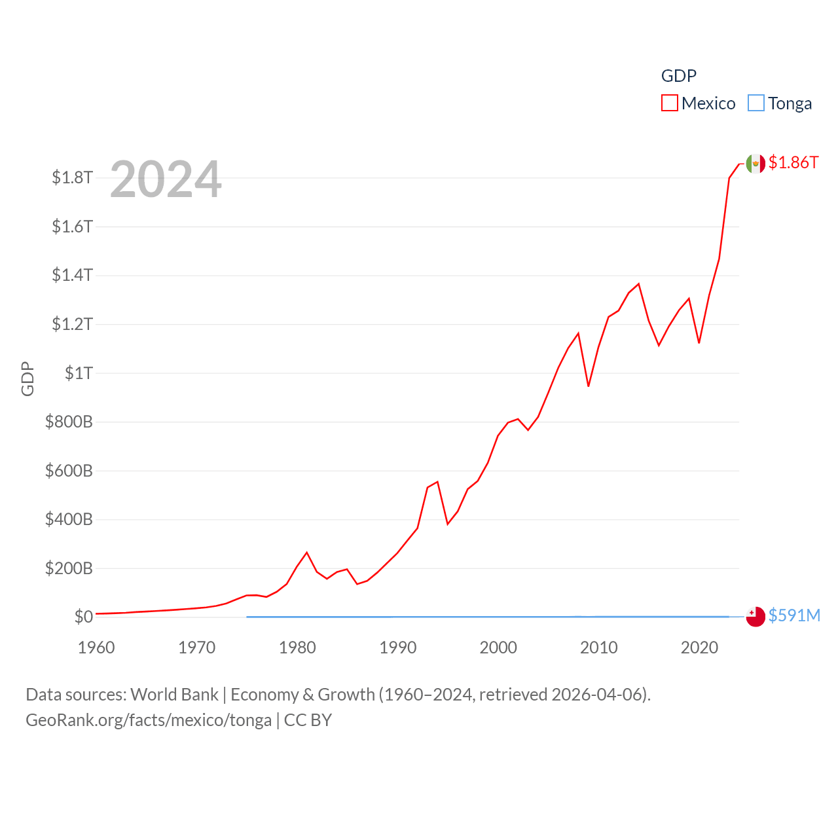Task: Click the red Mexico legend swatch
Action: [669, 103]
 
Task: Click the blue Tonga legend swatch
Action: [756, 103]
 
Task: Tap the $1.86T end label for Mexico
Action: [793, 162]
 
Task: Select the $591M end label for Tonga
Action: [793, 615]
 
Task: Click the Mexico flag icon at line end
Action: [756, 163]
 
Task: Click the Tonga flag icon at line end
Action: [756, 617]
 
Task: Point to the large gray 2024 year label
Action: [166, 179]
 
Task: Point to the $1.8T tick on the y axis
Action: [72, 177]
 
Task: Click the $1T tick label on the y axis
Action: [79, 373]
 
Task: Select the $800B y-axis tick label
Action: [69, 422]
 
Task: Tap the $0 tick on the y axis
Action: [83, 617]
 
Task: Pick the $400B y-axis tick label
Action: [69, 519]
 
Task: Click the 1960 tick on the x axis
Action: [96, 647]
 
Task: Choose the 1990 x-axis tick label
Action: [397, 647]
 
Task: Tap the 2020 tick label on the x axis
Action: [699, 647]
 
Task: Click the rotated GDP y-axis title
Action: [27, 378]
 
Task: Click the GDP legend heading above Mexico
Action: [678, 76]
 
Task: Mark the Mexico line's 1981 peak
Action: [306, 553]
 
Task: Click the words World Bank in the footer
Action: [174, 694]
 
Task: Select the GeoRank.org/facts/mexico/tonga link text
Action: [149, 720]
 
